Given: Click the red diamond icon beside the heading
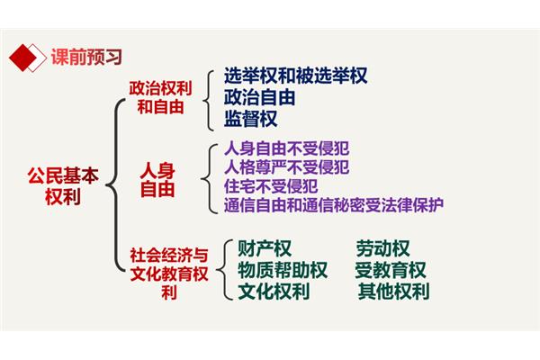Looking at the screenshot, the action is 23,58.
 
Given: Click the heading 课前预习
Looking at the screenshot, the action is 86,57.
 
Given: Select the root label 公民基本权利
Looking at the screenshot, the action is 63,185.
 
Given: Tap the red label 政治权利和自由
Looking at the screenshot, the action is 160,97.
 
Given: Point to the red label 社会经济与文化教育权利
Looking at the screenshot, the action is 169,274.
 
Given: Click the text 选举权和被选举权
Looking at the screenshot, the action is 295,76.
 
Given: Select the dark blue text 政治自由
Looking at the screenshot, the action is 260,97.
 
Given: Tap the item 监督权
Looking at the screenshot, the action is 250,119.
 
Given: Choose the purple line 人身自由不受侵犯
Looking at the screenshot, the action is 286,148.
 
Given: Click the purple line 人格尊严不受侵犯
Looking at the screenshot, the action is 286,167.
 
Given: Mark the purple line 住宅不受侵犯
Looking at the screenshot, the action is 271,186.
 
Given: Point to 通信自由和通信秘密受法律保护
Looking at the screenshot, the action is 333,205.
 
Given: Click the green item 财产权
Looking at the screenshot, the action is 264,248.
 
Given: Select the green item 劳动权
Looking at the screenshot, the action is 382,248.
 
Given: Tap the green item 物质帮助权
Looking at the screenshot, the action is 283,270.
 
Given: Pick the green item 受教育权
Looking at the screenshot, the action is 391,270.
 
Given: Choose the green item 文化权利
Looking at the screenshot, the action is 274,291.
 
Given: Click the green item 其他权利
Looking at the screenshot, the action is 393,291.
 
